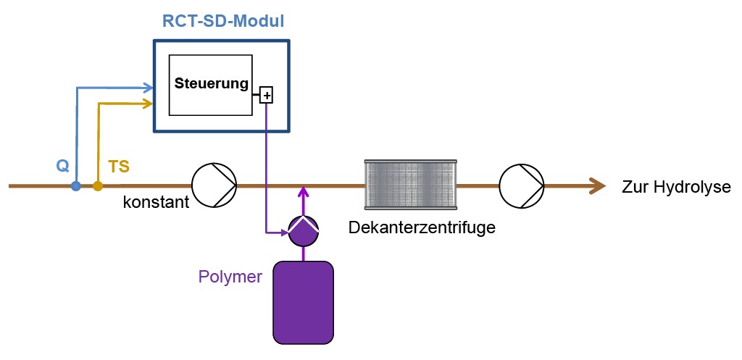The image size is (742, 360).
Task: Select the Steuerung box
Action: click(211, 84)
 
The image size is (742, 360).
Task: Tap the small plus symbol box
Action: click(266, 95)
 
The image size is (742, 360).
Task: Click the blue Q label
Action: click(63, 166)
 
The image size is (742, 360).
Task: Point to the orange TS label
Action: click(119, 167)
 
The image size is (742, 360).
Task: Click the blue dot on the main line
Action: click(75, 186)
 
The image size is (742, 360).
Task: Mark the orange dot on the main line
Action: click(98, 186)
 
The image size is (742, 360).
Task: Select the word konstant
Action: click(156, 203)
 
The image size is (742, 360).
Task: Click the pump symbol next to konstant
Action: click(214, 186)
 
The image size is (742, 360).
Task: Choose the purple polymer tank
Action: click(303, 301)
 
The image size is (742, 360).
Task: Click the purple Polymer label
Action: click(230, 276)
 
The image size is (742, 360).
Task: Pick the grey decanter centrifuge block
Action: click(410, 185)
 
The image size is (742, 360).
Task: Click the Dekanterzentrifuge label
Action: click(422, 227)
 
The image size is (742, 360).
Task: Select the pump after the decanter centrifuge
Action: click(522, 186)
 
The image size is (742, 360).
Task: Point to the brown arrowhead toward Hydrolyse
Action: click(597, 186)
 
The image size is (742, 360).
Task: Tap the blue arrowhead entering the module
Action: click(149, 88)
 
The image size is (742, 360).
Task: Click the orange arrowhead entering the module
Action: click(149, 104)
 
